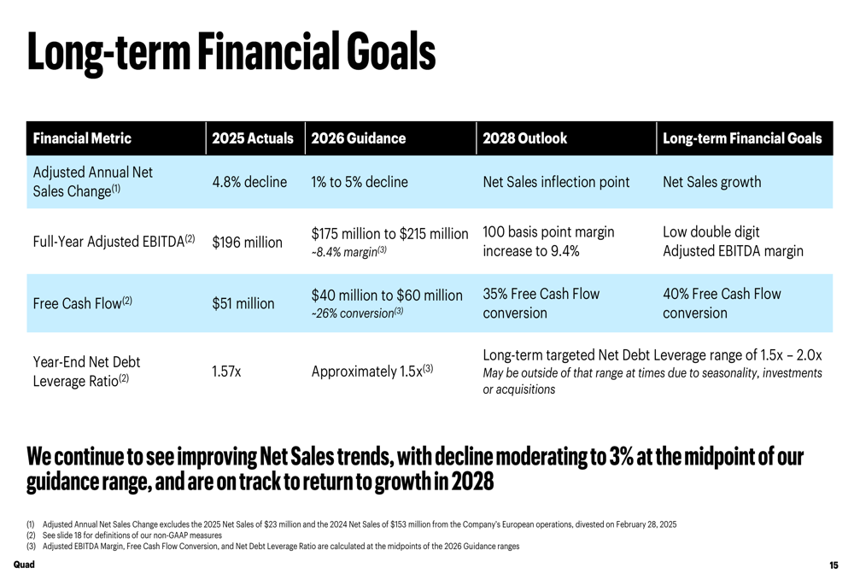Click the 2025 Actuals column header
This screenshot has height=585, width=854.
tap(253, 138)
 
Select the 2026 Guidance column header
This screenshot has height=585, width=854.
tap(359, 138)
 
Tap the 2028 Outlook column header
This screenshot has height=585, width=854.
tap(524, 138)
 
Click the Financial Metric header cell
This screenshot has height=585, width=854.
tap(82, 138)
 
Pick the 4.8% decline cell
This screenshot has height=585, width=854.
tap(249, 182)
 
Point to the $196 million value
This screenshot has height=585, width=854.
tap(248, 242)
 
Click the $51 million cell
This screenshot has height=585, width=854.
tap(243, 303)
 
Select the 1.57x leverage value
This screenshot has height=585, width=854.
tap(226, 371)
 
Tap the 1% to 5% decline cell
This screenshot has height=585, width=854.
tap(360, 182)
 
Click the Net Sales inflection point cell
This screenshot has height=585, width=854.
tap(556, 182)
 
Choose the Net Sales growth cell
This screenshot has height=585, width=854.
tap(712, 182)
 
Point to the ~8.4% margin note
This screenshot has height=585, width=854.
tap(348, 252)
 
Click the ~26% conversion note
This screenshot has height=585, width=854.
tap(357, 313)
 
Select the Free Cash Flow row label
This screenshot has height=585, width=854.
tap(82, 303)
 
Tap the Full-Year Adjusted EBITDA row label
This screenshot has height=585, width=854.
tap(114, 242)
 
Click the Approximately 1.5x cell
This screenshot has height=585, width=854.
tap(372, 371)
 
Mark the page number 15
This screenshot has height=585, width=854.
tap(834, 565)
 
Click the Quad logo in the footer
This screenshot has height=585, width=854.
tap(24, 565)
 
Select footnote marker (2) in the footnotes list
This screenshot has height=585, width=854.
tap(31, 535)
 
